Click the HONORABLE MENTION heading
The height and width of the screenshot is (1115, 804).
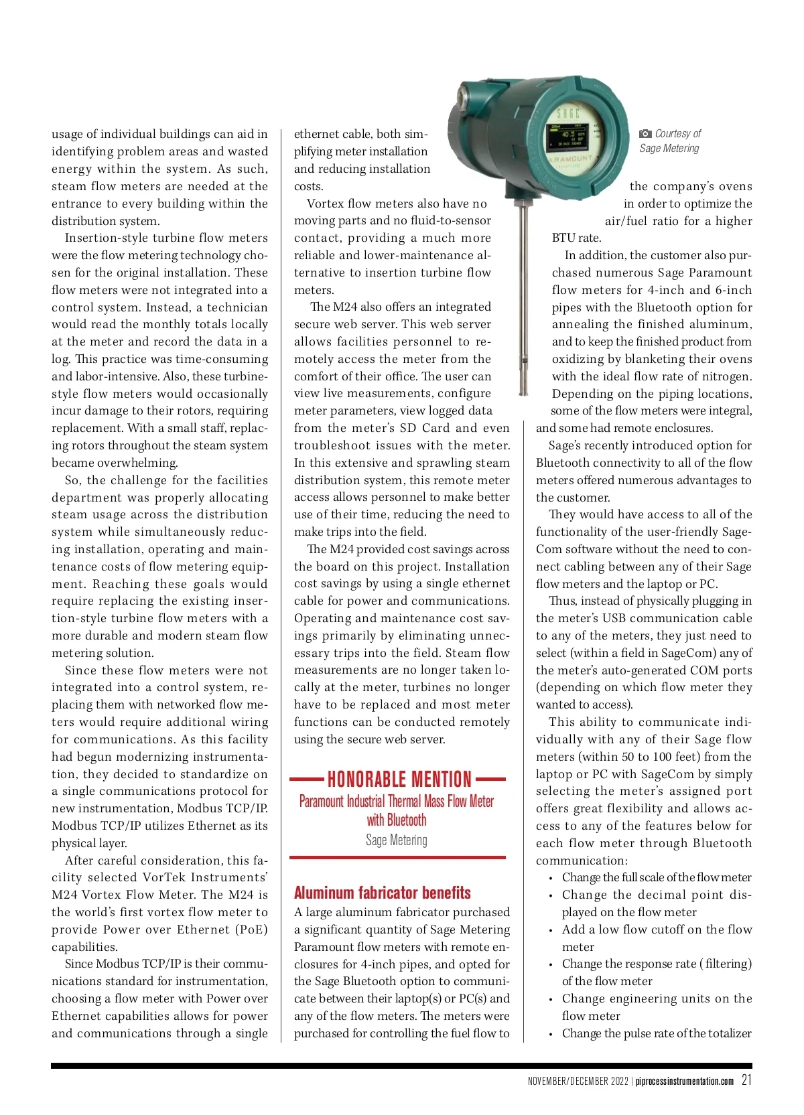click(399, 779)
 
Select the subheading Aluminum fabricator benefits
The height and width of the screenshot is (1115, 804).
click(382, 893)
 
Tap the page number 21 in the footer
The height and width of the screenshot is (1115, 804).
click(746, 1080)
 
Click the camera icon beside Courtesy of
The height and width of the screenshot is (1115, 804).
click(645, 134)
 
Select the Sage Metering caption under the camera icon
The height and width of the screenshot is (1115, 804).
click(669, 149)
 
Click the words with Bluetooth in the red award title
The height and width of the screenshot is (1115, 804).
click(397, 820)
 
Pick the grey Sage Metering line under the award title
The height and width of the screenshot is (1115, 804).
click(397, 840)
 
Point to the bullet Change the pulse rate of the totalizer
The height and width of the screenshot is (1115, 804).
click(657, 1033)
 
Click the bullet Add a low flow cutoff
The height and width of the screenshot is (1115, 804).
click(657, 930)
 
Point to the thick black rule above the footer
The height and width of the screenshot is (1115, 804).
click(401, 1065)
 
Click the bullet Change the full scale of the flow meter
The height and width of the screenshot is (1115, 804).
click(657, 877)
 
